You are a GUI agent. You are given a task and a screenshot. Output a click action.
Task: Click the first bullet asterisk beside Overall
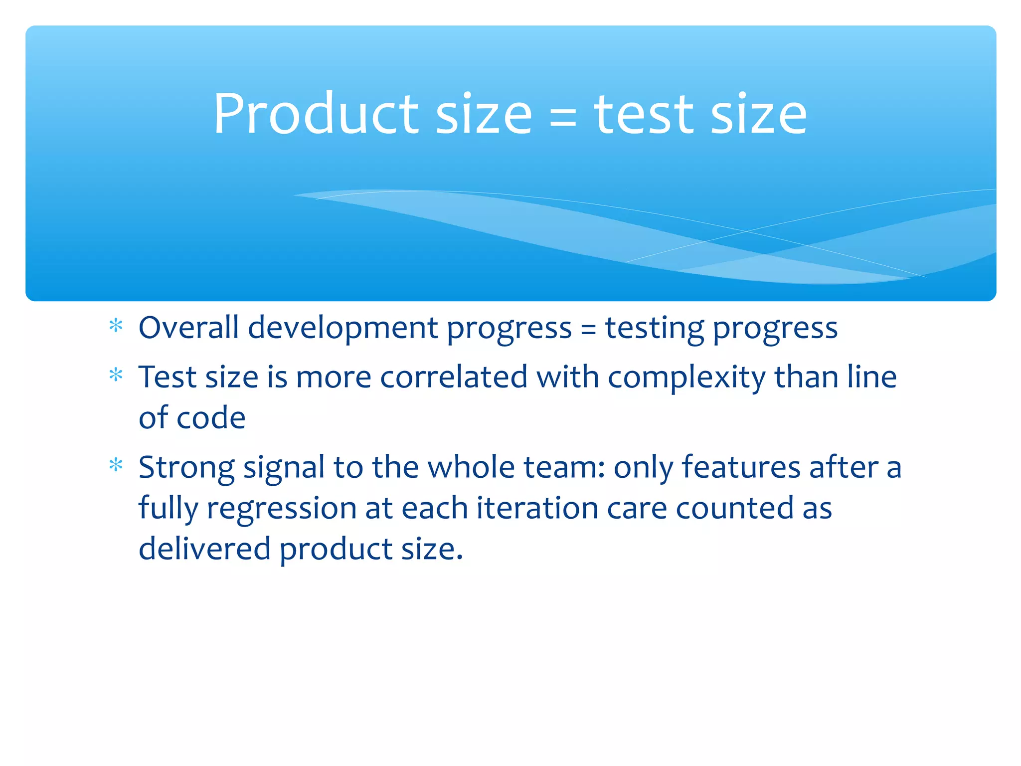[x=116, y=326]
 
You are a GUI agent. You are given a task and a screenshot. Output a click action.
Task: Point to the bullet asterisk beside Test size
[x=116, y=375]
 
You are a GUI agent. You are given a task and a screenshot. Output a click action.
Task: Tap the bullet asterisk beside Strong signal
[x=116, y=465]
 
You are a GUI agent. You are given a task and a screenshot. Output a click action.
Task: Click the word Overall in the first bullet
[x=188, y=328]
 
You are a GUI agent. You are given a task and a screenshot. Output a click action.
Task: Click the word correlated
[x=454, y=377]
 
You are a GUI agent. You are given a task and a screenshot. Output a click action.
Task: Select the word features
[x=741, y=468]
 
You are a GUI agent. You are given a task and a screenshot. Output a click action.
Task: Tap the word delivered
[x=204, y=549]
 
